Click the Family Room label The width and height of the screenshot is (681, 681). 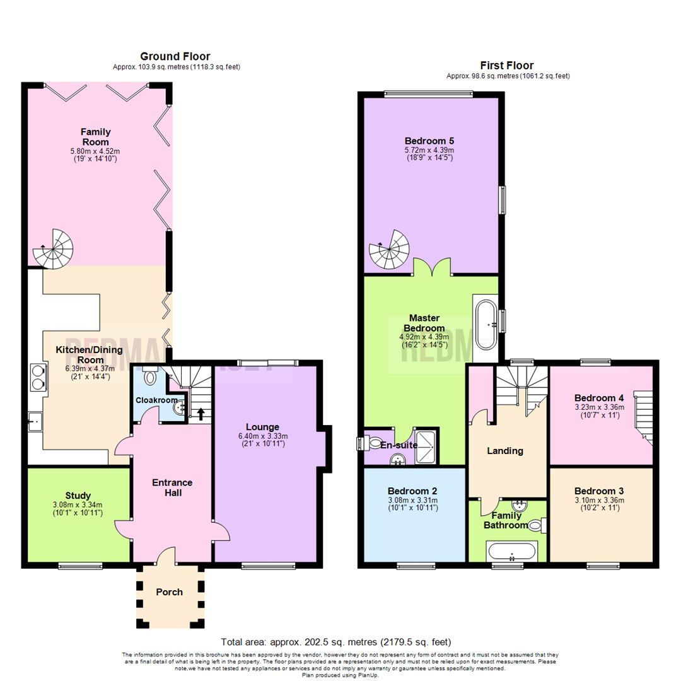pyautogui.click(x=95, y=136)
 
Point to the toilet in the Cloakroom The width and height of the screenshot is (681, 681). pyautogui.click(x=151, y=376)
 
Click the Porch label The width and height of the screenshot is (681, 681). pyautogui.click(x=169, y=592)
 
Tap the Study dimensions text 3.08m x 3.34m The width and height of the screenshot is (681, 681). pyautogui.click(x=78, y=504)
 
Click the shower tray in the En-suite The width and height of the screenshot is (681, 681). pyautogui.click(x=425, y=445)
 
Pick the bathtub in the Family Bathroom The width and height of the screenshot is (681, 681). pyautogui.click(x=511, y=552)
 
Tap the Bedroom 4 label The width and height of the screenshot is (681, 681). pyautogui.click(x=599, y=398)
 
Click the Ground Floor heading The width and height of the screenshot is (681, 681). pyautogui.click(x=175, y=57)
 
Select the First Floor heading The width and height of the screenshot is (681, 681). pyautogui.click(x=507, y=66)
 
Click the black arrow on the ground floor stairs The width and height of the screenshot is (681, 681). pyautogui.click(x=201, y=414)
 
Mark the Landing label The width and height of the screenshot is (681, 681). pyautogui.click(x=505, y=451)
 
